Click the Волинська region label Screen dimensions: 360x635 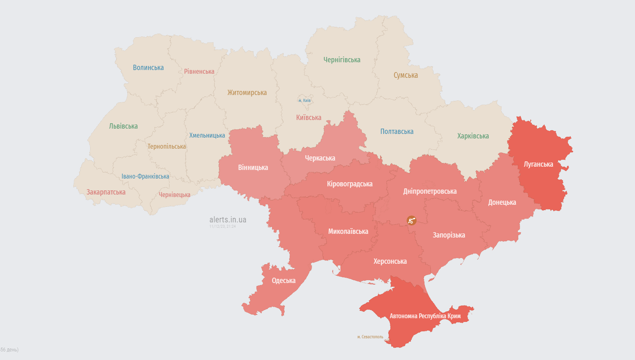[x=148, y=68]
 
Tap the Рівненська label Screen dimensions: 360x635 [x=199, y=72]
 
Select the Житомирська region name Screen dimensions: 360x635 [x=247, y=93]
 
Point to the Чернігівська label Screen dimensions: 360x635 [x=342, y=60]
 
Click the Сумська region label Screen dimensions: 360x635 [x=406, y=75]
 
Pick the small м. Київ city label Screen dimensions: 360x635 [x=304, y=100]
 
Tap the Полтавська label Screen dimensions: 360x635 [x=397, y=131]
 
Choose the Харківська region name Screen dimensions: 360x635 [x=473, y=136]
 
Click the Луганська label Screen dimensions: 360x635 [x=538, y=164]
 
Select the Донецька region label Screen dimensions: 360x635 [x=502, y=202]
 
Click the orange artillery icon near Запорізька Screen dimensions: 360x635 [x=411, y=220]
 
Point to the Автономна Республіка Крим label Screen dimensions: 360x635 [x=425, y=316]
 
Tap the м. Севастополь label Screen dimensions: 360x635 [x=370, y=337]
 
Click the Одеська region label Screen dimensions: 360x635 [x=283, y=281]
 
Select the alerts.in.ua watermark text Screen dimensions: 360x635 [x=228, y=220]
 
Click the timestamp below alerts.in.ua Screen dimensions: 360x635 [x=222, y=226]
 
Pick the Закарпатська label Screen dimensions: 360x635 [x=106, y=192]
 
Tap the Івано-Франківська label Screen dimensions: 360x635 [x=145, y=177]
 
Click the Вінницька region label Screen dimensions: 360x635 [x=253, y=168]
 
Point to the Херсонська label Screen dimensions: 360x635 [x=390, y=261]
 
